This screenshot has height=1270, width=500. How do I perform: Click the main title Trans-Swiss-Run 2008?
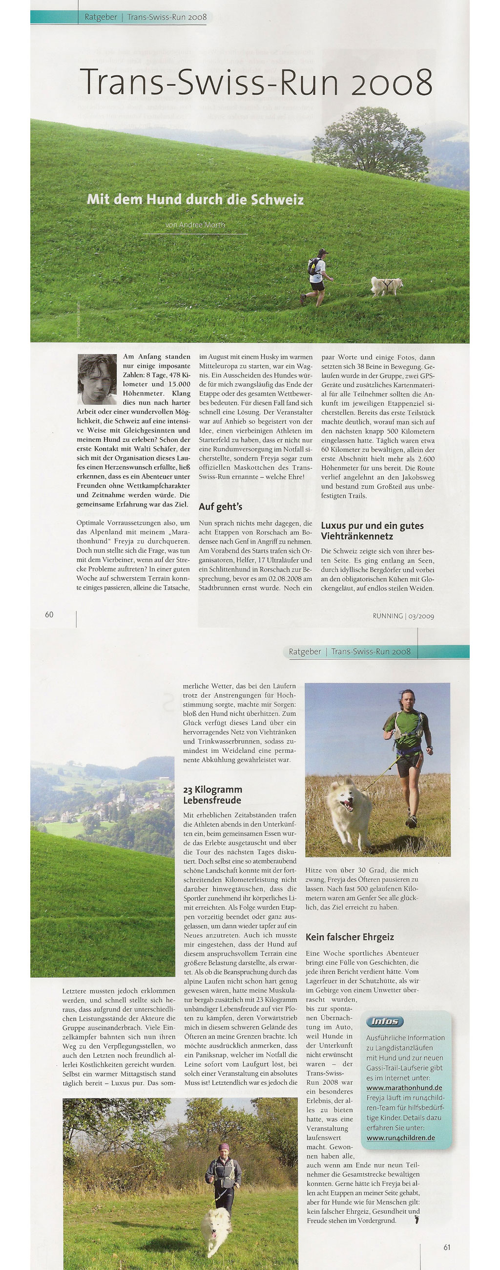(x=256, y=82)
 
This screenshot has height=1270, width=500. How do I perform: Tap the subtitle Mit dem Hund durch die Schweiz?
(x=195, y=199)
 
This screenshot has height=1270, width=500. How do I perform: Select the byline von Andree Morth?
(x=195, y=225)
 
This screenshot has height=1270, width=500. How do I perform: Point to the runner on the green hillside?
(x=316, y=277)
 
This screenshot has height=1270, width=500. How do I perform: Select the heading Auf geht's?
(x=220, y=506)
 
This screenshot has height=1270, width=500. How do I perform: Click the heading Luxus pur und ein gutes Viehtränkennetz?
(x=372, y=530)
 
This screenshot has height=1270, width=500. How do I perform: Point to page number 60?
(x=49, y=614)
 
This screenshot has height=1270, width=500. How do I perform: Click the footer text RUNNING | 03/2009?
(x=403, y=616)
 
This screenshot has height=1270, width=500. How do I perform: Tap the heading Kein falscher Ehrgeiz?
(x=350, y=937)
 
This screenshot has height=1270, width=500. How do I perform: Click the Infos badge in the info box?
(x=385, y=1021)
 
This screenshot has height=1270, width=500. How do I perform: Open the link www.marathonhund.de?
(x=404, y=1088)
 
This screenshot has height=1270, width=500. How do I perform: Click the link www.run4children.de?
(x=400, y=1138)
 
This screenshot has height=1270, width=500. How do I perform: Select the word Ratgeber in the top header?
(x=101, y=17)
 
